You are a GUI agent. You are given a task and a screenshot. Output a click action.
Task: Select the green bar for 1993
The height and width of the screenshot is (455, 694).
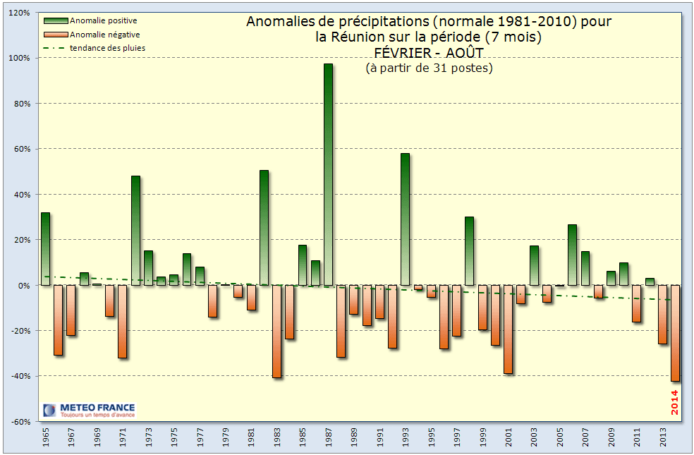tap(405, 219)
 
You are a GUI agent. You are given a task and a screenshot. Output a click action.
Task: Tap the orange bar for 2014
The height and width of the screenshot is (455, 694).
tap(675, 332)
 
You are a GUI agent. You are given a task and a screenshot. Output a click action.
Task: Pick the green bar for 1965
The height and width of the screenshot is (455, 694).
tap(46, 248)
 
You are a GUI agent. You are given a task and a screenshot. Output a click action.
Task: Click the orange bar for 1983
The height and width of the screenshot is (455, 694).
tap(277, 331)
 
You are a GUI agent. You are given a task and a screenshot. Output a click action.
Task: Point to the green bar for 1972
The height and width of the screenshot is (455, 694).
tap(135, 230)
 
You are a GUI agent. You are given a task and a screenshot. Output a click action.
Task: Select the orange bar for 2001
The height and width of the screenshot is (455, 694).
tap(508, 329)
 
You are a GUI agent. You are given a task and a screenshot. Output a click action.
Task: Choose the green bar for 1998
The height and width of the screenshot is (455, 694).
tap(469, 250)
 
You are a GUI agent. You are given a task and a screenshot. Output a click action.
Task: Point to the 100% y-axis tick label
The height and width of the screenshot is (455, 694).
tap(19, 58)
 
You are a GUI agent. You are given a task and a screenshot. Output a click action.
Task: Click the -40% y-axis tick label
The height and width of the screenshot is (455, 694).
tap(19, 376)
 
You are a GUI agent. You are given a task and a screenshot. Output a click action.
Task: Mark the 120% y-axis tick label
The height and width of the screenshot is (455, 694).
tap(19, 13)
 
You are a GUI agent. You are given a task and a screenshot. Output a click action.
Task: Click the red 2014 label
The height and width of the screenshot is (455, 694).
tap(675, 401)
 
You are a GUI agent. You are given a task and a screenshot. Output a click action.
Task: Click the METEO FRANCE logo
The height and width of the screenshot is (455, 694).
tap(87, 410)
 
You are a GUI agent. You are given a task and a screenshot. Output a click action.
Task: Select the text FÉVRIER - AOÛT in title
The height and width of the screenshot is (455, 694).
tap(429, 52)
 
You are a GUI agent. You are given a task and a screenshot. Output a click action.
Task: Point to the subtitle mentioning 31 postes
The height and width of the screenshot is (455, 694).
tap(429, 68)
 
